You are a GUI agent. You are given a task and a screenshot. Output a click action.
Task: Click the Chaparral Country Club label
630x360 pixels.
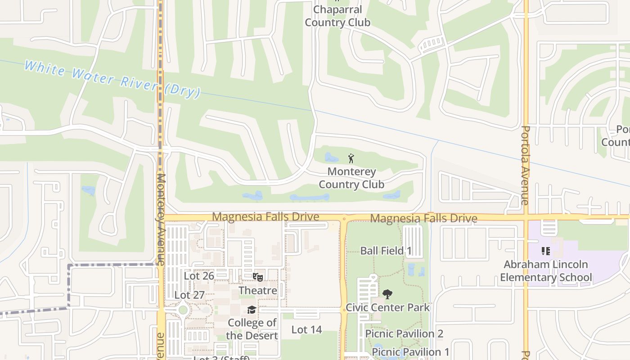click(x=337, y=16)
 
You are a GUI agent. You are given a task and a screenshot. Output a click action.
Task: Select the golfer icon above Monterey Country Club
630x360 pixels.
click(x=351, y=158)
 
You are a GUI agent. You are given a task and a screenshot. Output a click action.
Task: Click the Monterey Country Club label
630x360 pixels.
click(x=351, y=178)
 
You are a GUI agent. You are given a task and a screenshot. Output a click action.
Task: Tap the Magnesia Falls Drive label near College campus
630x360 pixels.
click(x=265, y=217)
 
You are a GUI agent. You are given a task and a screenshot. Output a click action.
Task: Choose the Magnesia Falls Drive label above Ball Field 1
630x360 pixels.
click(x=423, y=219)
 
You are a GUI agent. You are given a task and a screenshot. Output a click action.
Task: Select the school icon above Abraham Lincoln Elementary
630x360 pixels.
click(x=546, y=251)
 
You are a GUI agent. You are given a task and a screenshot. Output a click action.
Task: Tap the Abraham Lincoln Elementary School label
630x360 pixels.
click(x=546, y=270)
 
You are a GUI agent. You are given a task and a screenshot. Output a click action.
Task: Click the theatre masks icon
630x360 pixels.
click(x=258, y=277)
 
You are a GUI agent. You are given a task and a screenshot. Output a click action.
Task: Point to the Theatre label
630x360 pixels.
click(x=258, y=290)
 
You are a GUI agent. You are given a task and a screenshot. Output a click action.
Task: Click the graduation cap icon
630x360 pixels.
click(x=252, y=310)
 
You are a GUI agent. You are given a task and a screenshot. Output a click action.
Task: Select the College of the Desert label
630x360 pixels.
click(x=252, y=329)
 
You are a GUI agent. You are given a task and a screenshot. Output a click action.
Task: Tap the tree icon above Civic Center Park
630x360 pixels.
click(x=387, y=295)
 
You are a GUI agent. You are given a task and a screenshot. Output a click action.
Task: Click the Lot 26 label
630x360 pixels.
click(x=199, y=275)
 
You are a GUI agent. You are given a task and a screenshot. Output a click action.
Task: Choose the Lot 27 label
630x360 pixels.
click(x=189, y=295)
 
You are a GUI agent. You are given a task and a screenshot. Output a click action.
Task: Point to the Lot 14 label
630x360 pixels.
click(x=306, y=329)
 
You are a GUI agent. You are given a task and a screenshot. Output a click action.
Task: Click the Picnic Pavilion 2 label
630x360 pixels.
click(x=404, y=333)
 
